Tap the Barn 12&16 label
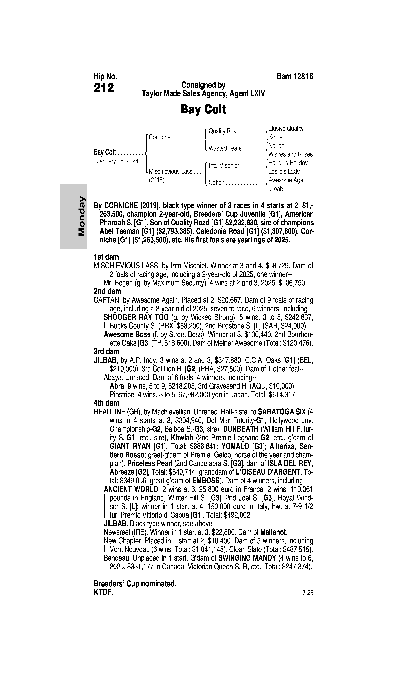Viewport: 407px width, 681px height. coord(295,76)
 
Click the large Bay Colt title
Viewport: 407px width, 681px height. coord(203,109)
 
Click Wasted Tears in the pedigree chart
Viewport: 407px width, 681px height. coord(225,148)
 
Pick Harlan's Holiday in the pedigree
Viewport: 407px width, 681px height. coord(288,163)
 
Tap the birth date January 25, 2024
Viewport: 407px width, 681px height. coord(117,161)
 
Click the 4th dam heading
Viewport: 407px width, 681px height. coord(106,403)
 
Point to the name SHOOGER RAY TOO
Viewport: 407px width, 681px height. coord(136,317)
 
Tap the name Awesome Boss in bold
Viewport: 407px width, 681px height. coord(127,334)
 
